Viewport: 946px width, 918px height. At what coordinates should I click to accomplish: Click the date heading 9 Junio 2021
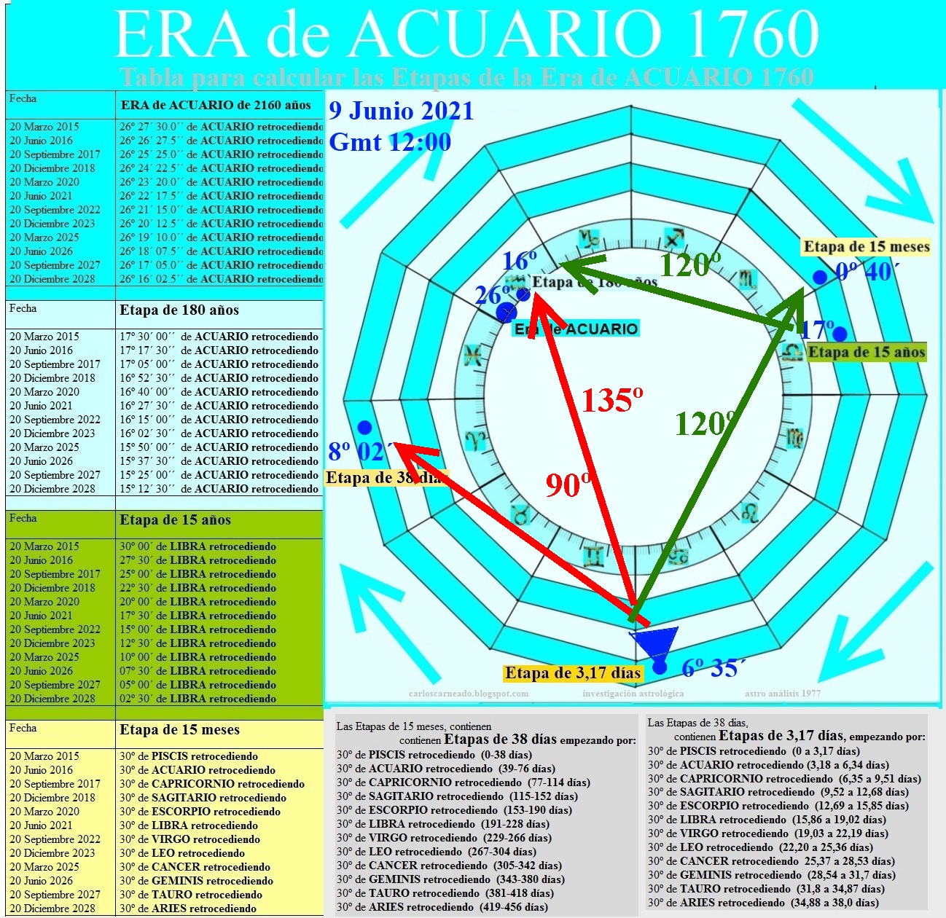401,111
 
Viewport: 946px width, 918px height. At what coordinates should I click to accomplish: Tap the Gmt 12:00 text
390,142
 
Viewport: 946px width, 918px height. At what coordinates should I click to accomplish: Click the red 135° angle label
612,400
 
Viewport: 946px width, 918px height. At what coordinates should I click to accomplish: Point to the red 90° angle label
568,485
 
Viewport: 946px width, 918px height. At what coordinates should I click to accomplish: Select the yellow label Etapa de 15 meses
867,247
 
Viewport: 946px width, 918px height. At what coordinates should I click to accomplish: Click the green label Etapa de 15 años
867,353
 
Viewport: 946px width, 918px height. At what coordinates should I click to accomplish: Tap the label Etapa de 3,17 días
573,673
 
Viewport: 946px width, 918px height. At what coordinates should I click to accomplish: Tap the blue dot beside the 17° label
840,334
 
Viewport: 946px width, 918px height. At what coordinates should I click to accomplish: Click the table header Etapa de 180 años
179,310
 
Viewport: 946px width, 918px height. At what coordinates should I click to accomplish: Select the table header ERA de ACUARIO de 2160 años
216,105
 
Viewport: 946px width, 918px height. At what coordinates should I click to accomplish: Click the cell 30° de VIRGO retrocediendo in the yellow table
189,839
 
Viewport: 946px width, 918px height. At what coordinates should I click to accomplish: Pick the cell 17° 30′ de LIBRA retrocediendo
198,616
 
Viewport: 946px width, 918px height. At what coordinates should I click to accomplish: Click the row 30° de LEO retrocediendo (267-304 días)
436,852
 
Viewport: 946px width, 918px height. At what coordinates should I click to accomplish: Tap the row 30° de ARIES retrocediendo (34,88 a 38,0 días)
763,903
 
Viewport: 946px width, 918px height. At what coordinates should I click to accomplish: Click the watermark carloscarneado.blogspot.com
469,694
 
